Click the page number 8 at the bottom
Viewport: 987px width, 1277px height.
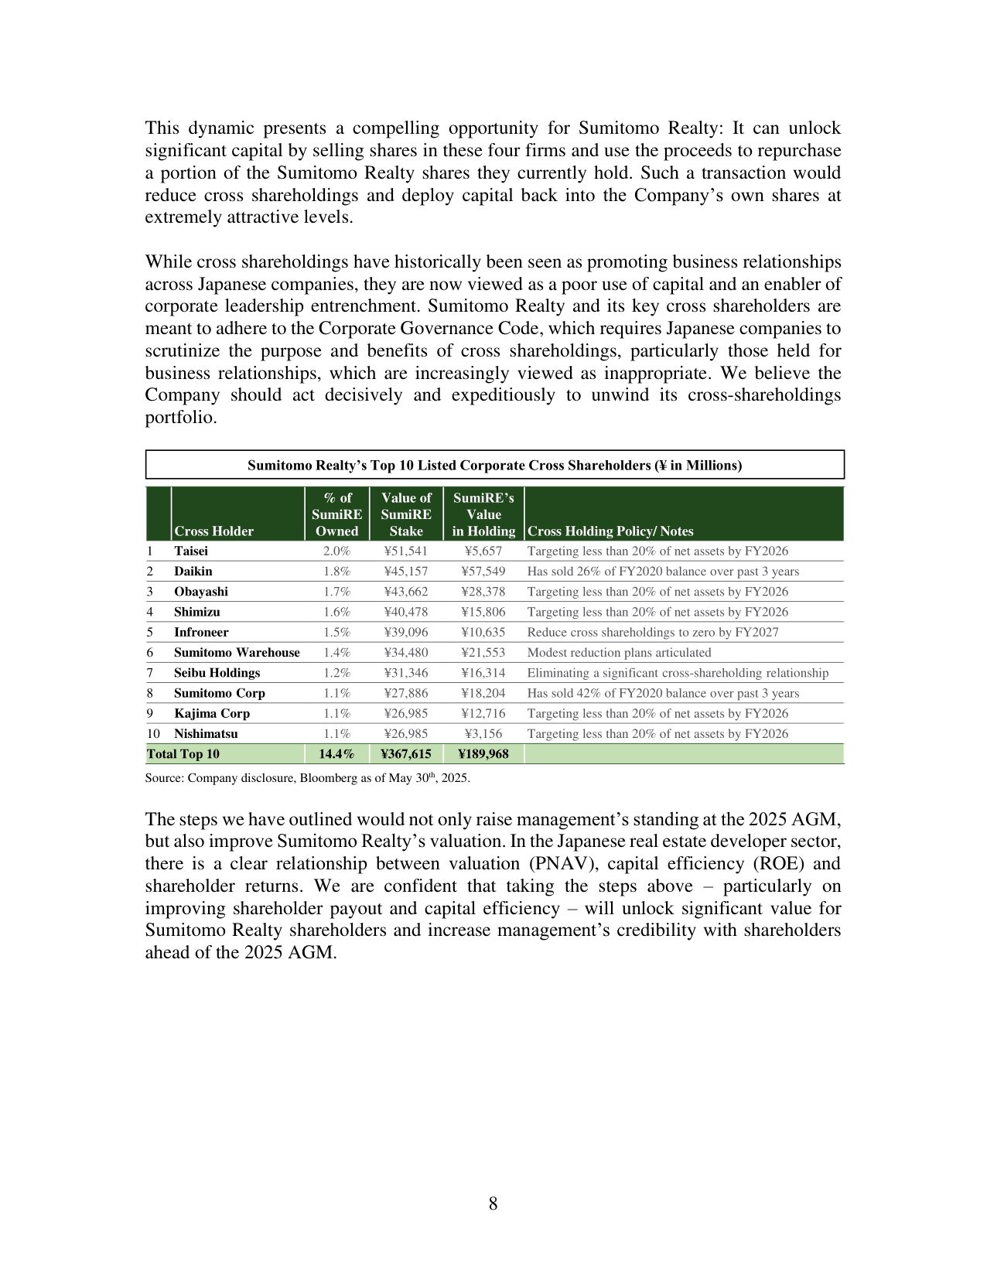tap(493, 1204)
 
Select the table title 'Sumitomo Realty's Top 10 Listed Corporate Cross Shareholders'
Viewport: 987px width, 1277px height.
tap(494, 465)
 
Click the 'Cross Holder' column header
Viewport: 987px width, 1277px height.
tap(213, 531)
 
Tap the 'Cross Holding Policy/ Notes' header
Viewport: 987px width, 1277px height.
tap(610, 531)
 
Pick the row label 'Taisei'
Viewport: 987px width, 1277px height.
tap(191, 551)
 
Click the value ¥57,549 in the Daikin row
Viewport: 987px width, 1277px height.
tap(483, 571)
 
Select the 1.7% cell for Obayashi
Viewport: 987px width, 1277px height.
tap(336, 591)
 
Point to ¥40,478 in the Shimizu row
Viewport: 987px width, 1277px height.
tap(406, 612)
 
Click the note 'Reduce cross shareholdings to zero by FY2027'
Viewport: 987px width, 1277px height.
tap(653, 632)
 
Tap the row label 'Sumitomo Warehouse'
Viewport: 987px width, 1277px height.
tap(237, 652)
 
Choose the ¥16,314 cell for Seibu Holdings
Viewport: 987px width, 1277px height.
tap(483, 673)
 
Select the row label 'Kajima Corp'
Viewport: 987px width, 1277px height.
tap(212, 713)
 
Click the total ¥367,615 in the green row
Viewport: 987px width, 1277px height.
tap(406, 753)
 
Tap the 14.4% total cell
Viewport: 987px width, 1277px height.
tap(336, 753)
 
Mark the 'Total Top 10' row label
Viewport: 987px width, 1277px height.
tap(183, 753)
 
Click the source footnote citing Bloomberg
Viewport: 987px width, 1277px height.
tap(307, 778)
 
